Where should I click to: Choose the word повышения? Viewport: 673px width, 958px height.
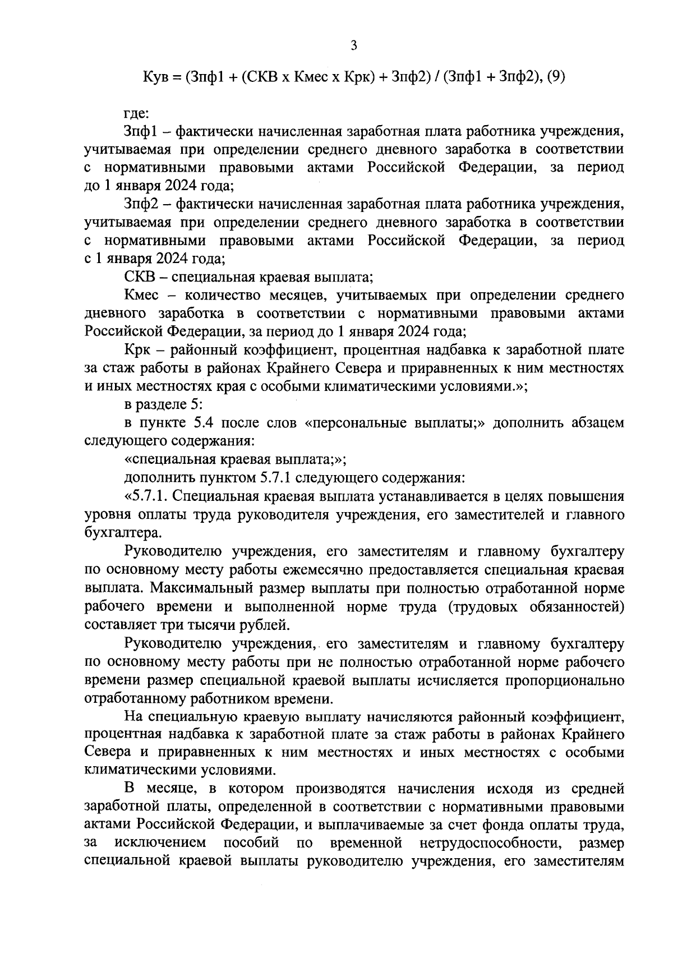click(x=588, y=496)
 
